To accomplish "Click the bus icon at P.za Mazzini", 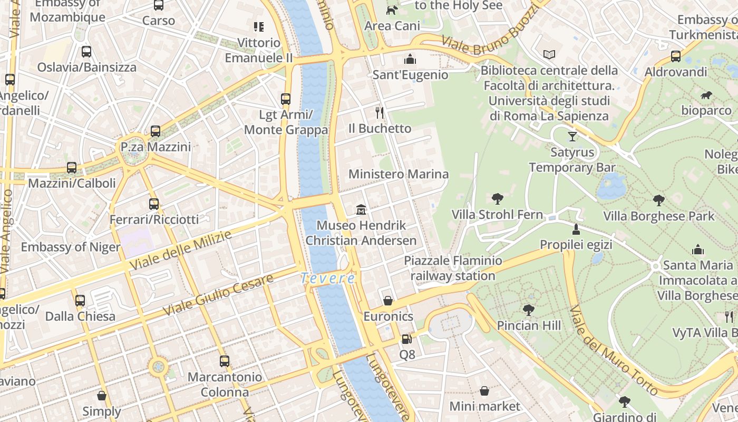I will click(155, 131).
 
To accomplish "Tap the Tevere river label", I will click(327, 278).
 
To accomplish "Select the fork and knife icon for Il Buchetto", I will click(379, 112).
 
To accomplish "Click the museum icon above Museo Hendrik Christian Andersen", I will click(361, 210).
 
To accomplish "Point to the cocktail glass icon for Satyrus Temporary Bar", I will click(572, 137).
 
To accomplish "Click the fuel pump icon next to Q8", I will click(406, 339).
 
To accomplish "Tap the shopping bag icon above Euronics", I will click(388, 301).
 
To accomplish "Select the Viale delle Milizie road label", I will click(180, 250).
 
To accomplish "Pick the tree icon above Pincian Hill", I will click(529, 310).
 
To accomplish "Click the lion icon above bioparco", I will click(706, 95).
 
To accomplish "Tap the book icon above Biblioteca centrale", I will click(549, 54).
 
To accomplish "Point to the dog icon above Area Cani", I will click(392, 10).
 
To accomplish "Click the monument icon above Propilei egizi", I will click(576, 229).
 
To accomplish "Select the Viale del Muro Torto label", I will click(614, 350).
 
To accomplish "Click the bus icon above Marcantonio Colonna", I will click(225, 361).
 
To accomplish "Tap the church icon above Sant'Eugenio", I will click(410, 59).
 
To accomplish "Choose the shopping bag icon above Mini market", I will click(484, 391).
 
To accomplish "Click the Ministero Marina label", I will click(399, 174).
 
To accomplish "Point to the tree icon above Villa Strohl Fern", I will click(497, 199).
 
